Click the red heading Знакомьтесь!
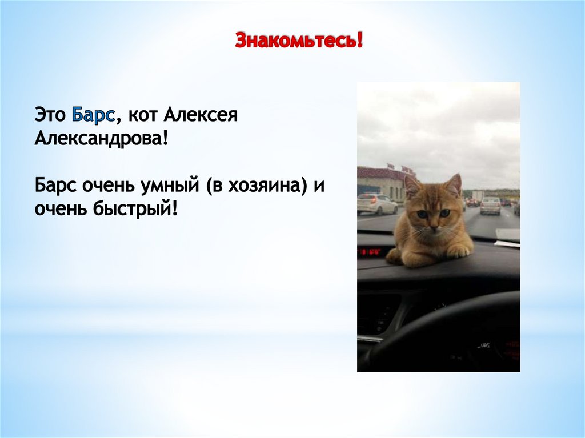click(x=299, y=41)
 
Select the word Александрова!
click(x=102, y=138)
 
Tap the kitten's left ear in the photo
click(x=411, y=186)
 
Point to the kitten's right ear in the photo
click(x=454, y=184)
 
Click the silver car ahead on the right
click(x=490, y=205)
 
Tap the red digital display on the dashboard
click(x=369, y=251)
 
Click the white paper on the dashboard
click(x=507, y=243)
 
